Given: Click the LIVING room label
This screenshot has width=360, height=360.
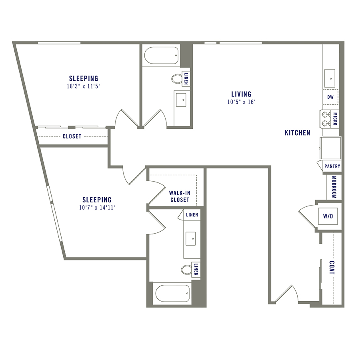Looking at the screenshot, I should (241, 94).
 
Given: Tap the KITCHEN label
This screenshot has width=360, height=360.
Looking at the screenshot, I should (297, 133).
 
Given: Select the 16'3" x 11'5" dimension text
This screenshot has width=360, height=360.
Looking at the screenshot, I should (83, 86).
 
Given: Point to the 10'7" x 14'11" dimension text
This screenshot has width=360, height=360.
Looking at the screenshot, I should (97, 207).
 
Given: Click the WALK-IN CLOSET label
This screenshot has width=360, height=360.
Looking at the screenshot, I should (180, 196).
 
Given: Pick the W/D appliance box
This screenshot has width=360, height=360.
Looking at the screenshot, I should (328, 216).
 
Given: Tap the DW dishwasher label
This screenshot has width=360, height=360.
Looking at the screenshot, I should (330, 97).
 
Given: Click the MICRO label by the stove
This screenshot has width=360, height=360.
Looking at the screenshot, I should (335, 119).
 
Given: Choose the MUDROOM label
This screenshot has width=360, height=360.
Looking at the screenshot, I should (334, 188).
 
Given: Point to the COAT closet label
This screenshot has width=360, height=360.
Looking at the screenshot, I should (332, 268).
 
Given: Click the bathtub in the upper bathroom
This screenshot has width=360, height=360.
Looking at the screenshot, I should (161, 56).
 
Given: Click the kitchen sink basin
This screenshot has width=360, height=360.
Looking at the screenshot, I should (330, 77).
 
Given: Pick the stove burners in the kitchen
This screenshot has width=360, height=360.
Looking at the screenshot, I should (325, 119).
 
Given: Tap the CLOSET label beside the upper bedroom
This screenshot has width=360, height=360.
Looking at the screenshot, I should (72, 136).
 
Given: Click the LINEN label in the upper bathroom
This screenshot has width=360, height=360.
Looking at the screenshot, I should (186, 79).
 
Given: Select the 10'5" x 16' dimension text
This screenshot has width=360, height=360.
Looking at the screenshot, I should (241, 102).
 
